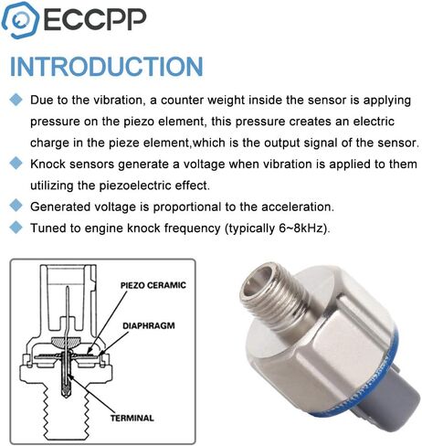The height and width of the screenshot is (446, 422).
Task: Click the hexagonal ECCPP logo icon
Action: click(x=20, y=20)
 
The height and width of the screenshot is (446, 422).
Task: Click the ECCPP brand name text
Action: click(x=95, y=19)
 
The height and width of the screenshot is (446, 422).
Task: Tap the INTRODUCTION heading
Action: click(x=107, y=66)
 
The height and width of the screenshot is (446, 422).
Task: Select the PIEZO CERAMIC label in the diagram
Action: click(x=153, y=285)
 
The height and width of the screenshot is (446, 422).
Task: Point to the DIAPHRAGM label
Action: click(x=149, y=325)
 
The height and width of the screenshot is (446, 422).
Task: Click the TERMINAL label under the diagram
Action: click(x=132, y=418)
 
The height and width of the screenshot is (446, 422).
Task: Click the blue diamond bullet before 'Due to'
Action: click(x=16, y=100)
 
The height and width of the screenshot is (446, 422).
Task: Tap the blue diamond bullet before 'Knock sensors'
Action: click(x=16, y=164)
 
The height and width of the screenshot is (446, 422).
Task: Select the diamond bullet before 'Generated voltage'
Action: click(x=16, y=206)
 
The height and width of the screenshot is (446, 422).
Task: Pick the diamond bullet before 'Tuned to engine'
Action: click(x=16, y=228)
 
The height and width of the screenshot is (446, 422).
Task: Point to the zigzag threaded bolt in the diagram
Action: click(x=66, y=414)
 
